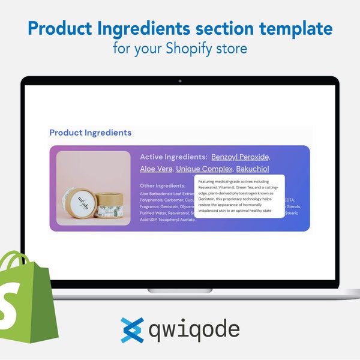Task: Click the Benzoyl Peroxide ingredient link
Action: point(240,157)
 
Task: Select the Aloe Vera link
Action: point(155,169)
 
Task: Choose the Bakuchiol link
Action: point(252,169)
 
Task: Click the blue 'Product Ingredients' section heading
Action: point(90,133)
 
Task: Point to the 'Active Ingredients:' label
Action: point(173,157)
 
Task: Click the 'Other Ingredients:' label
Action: point(163,186)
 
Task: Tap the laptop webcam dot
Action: point(180,80)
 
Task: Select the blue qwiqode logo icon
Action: point(132,330)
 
